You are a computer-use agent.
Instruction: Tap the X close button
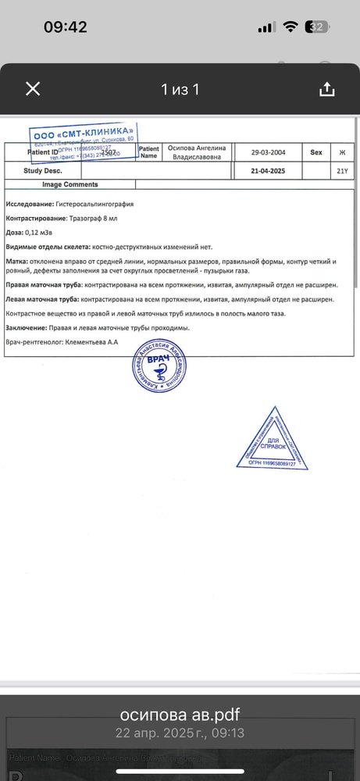(33, 89)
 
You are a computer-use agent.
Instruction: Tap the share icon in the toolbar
(326, 89)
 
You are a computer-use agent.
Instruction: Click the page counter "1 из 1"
(180, 90)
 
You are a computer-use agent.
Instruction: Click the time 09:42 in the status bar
(65, 27)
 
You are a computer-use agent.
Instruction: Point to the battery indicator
(318, 27)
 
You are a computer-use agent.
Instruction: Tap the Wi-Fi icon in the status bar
(290, 27)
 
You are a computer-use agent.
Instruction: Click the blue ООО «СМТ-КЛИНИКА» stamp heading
(84, 132)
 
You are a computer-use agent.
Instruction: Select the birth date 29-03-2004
(268, 153)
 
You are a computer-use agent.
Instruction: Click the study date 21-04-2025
(268, 170)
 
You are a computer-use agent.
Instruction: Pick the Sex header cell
(316, 153)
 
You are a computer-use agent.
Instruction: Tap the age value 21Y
(341, 170)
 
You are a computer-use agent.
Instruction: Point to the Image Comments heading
(70, 185)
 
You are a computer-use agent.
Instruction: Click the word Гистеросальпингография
(94, 204)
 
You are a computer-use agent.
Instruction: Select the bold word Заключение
(30, 328)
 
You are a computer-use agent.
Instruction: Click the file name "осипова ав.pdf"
(180, 715)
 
